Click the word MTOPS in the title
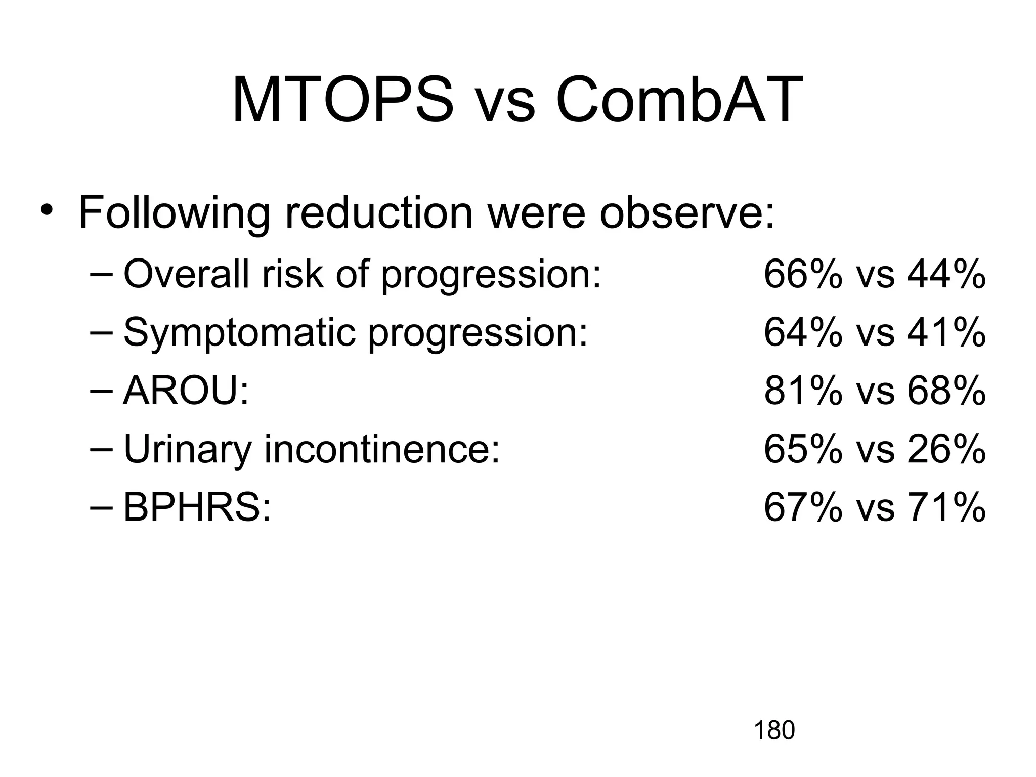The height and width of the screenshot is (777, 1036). [x=342, y=100]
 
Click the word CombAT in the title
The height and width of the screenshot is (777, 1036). [x=679, y=100]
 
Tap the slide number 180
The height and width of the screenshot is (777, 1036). [x=774, y=730]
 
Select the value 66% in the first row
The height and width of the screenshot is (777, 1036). [x=803, y=275]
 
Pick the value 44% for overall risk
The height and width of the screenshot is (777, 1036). [x=946, y=275]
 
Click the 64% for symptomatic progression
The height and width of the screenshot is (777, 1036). [x=803, y=332]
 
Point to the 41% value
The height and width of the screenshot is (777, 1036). [x=946, y=332]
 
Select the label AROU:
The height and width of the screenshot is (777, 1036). [x=186, y=391]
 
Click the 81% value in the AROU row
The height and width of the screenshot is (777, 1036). [x=803, y=391]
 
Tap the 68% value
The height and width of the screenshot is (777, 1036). [x=946, y=391]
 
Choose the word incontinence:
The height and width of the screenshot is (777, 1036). [x=382, y=449]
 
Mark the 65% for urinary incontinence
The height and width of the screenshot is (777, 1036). [x=803, y=449]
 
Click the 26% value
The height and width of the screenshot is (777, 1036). [x=946, y=449]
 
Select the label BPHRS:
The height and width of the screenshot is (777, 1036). [x=197, y=507]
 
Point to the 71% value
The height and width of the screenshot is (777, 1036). [x=946, y=507]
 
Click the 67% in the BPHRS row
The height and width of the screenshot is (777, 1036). [x=803, y=507]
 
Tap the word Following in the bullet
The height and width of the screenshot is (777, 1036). [x=175, y=213]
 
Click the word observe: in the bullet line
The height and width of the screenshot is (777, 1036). [x=687, y=213]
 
